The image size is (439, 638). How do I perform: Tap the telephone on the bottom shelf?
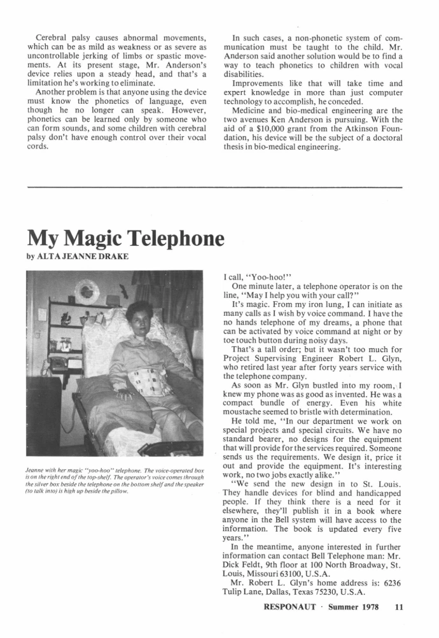(59, 364)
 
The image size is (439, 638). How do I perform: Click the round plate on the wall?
(87, 292)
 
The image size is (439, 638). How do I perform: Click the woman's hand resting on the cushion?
(125, 394)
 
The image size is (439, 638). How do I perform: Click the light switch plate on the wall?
(41, 315)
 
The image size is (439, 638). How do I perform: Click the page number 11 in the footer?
(399, 607)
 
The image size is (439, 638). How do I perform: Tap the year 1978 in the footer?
(372, 607)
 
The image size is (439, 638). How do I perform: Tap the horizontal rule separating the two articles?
(216, 187)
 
